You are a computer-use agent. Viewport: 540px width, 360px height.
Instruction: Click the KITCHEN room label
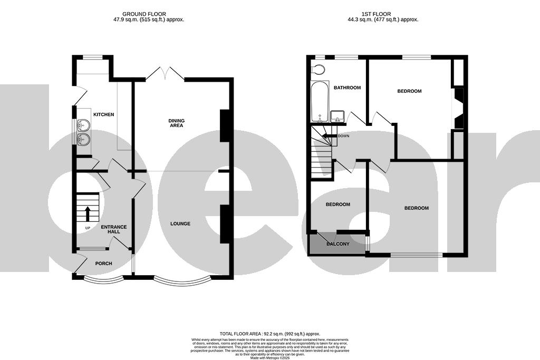(x=103, y=114)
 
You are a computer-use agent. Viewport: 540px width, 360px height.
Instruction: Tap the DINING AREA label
(x=176, y=123)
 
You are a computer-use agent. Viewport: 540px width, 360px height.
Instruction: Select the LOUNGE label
(x=180, y=224)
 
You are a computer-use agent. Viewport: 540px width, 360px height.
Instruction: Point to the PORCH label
(x=103, y=263)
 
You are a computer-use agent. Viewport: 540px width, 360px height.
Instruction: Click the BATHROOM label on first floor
(x=348, y=87)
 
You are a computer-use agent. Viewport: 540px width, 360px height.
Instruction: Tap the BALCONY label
(x=338, y=244)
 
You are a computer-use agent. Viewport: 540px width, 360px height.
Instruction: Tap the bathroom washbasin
(x=337, y=116)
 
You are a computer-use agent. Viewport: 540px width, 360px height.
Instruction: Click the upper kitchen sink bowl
(x=83, y=125)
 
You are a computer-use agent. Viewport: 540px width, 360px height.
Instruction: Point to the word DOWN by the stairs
(x=343, y=135)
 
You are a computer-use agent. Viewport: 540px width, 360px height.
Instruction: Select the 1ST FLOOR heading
(x=379, y=13)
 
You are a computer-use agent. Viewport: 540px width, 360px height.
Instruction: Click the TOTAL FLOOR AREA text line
(x=270, y=334)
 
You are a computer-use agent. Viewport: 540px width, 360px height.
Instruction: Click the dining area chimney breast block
(x=225, y=125)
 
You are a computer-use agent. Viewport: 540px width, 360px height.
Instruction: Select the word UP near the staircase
(x=87, y=228)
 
